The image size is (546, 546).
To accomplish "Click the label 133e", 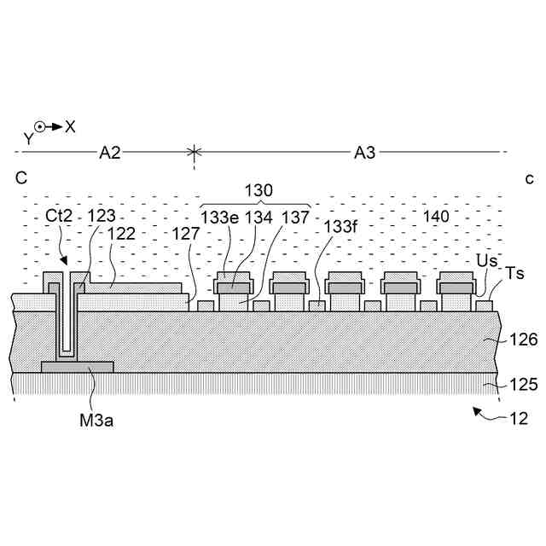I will coord(219,217).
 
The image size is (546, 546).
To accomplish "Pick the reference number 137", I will coord(296,217).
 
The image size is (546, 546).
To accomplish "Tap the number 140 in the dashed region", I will coord(435,217).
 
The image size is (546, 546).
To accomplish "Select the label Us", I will coord(486,260).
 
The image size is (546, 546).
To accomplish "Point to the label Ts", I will coord(514,273).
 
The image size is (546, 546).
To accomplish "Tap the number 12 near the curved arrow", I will coord(518,419).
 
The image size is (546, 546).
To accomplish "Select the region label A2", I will coord(109,153).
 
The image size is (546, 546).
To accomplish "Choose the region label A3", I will coord(364,153).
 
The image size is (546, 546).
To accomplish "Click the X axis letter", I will coord(70,126).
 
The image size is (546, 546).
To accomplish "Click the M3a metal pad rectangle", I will coord(77,367).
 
